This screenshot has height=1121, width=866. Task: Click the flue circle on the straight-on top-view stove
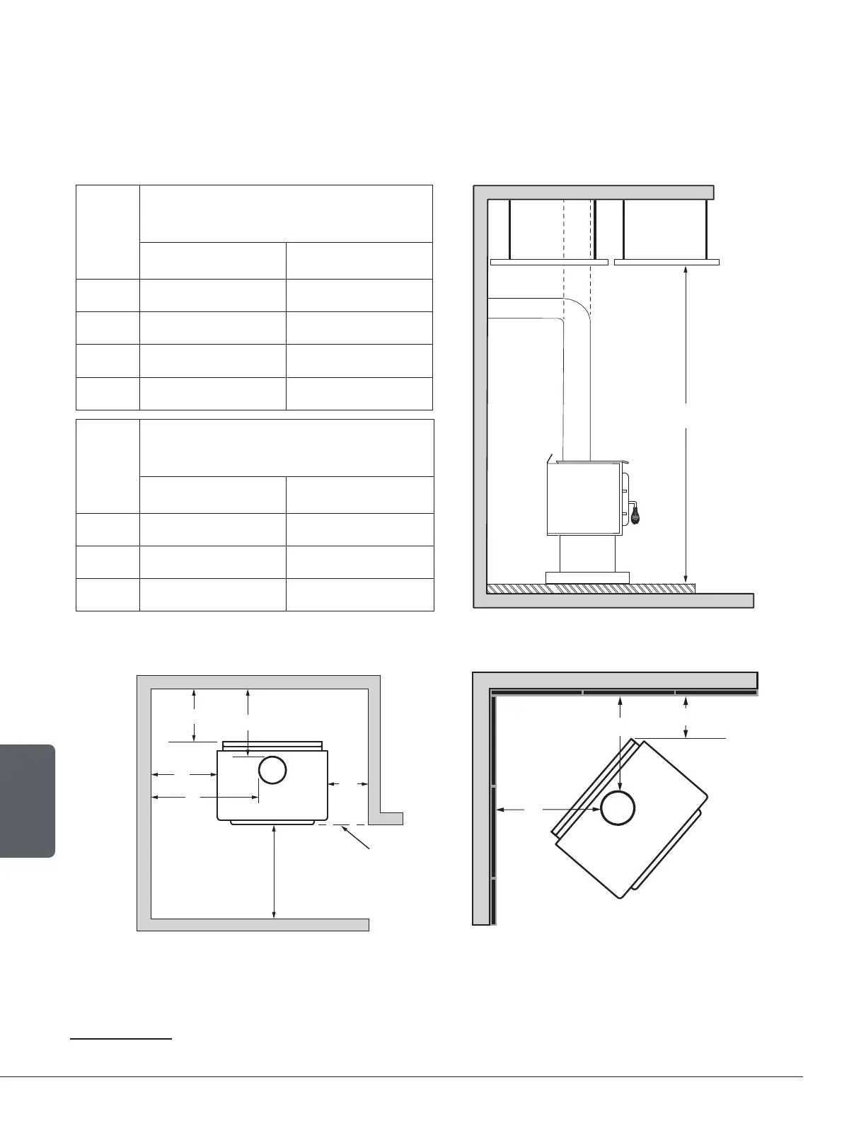272,770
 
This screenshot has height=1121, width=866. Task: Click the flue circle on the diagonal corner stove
618,808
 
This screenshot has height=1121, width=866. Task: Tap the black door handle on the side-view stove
636,515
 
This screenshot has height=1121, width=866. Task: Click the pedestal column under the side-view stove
587,553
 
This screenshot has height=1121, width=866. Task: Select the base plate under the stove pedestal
587,577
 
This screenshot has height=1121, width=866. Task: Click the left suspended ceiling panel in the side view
549,262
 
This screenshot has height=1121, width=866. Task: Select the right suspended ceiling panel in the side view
666,262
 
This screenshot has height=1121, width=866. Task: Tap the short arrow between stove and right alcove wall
347,783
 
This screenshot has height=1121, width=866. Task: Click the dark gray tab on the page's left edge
27,800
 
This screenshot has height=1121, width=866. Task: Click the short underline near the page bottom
121,1040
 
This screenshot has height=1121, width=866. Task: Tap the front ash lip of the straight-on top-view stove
272,823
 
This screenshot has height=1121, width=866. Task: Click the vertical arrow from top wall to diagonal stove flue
620,743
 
